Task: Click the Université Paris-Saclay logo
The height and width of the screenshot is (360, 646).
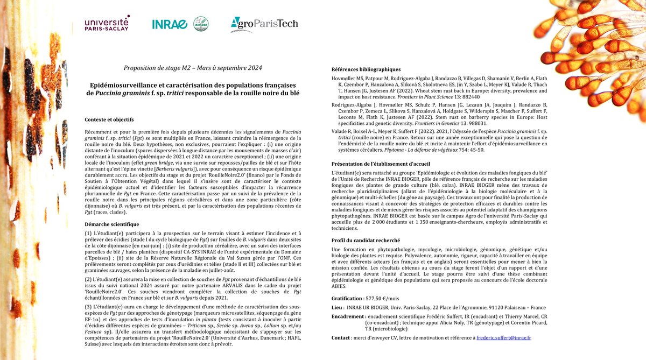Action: click(107, 24)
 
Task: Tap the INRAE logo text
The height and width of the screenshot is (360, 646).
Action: click(169, 24)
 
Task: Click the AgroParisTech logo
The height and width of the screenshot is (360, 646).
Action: click(264, 24)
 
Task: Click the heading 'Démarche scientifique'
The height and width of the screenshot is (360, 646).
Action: click(112, 224)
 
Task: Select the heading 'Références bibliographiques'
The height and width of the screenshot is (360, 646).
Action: click(366, 69)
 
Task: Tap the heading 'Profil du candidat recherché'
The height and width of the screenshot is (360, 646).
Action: click(367, 240)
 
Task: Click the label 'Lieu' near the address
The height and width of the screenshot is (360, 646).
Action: click(337, 307)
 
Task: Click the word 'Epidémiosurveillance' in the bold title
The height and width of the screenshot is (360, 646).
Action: click(124, 84)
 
